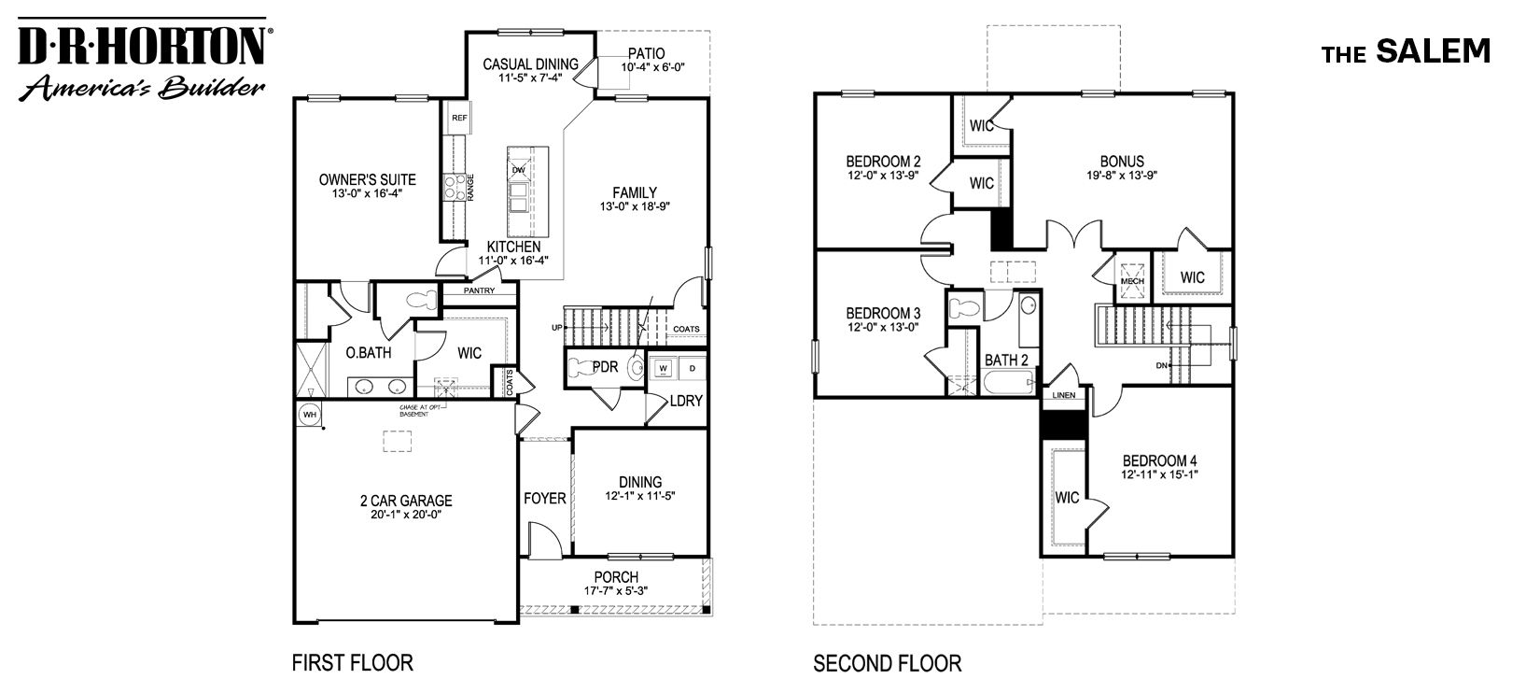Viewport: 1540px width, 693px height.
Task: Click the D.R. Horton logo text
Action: click(x=142, y=45)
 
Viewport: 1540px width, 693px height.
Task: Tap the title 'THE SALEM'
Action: click(x=1406, y=52)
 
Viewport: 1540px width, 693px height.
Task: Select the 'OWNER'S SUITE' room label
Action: click(x=367, y=179)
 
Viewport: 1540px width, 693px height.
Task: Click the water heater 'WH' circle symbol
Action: click(x=307, y=413)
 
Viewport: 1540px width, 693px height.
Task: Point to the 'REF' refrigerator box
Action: click(x=458, y=119)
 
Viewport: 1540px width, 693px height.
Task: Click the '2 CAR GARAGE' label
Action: click(x=405, y=502)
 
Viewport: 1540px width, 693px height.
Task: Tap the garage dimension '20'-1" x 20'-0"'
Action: click(x=405, y=515)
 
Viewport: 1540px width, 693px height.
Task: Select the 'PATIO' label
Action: click(x=646, y=53)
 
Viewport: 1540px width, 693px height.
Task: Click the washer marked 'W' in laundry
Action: click(x=664, y=367)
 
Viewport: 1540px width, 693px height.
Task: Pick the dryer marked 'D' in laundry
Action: click(x=692, y=367)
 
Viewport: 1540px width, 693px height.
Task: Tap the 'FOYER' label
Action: click(x=544, y=499)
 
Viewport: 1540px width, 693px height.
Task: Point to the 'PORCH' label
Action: click(x=616, y=577)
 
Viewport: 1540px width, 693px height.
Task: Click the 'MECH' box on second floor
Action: click(x=1132, y=279)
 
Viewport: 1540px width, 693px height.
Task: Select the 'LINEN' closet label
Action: click(x=1064, y=395)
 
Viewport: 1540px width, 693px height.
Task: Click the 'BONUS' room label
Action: click(x=1121, y=162)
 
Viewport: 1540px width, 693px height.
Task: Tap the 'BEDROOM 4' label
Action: click(x=1158, y=460)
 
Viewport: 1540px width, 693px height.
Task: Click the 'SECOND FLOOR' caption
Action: click(x=887, y=664)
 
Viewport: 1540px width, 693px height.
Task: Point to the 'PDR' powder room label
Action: click(x=606, y=367)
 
